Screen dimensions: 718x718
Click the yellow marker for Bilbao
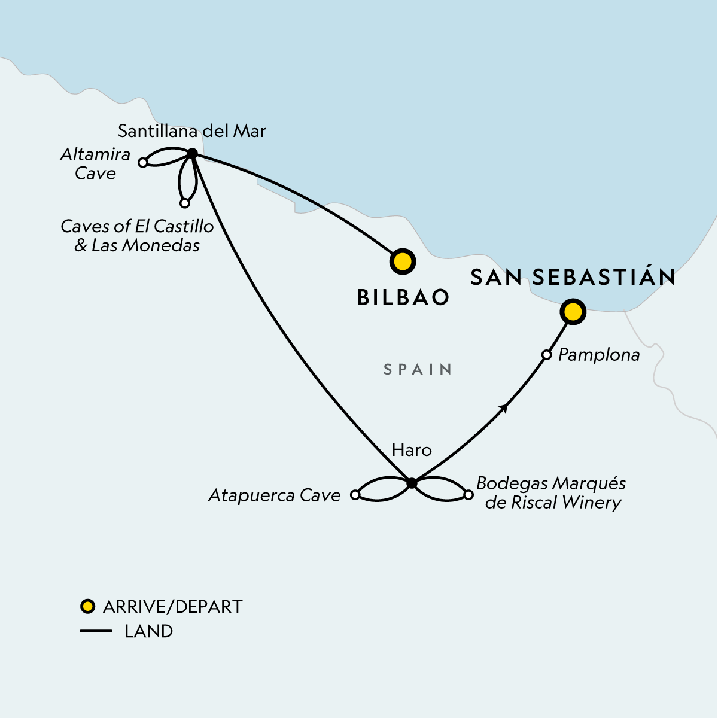402,261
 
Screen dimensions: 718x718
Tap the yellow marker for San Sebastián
573,312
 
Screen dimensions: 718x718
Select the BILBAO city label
403,297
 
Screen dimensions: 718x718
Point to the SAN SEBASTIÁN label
573,277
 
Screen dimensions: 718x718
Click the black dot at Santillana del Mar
192,154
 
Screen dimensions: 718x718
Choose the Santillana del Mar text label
191,131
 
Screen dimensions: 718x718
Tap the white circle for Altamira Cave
143,162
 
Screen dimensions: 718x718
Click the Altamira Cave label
95,164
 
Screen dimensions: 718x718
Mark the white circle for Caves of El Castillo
185,203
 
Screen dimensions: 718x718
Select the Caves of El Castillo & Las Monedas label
137,236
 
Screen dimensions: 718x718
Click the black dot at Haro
412,483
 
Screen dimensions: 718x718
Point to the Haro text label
411,450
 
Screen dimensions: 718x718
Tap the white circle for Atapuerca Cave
355,495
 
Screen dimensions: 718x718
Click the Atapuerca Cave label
274,495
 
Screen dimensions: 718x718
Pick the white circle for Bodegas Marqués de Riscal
468,495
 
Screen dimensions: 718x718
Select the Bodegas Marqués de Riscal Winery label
551,493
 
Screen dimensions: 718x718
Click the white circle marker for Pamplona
546,355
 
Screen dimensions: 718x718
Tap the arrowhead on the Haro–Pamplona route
504,408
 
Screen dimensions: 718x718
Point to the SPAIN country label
418,369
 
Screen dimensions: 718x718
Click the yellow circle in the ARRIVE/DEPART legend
88,607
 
